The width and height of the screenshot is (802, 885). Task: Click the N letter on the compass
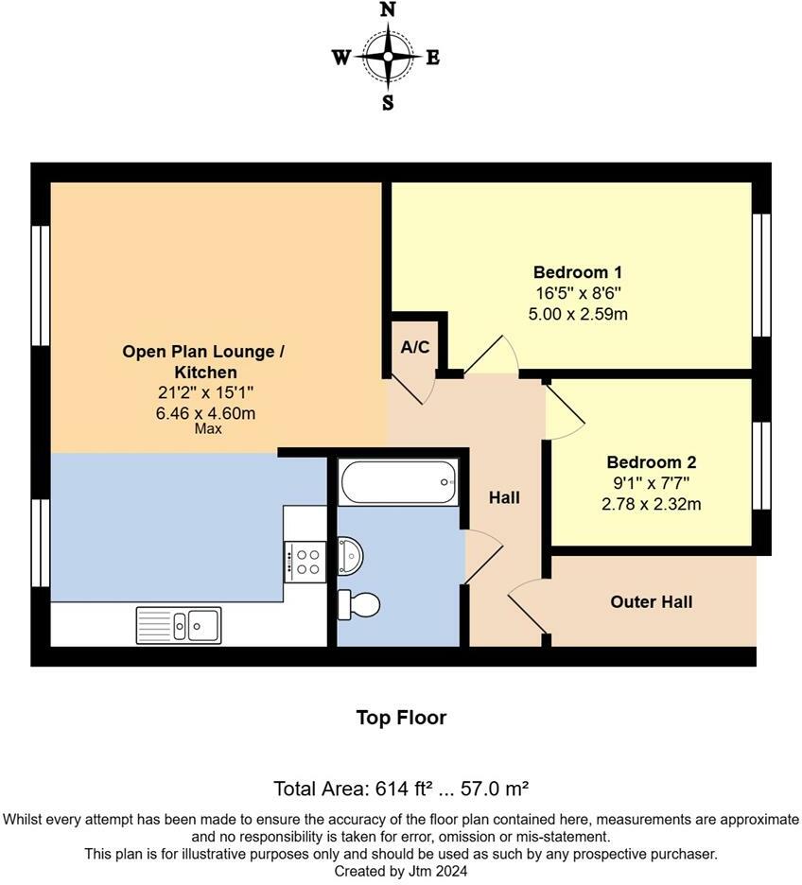point(388,10)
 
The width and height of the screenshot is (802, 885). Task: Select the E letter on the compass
point(432,58)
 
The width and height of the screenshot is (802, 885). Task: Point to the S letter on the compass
point(388,104)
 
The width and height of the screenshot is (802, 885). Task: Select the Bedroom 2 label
point(651,462)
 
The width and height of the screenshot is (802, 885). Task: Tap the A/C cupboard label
point(415,347)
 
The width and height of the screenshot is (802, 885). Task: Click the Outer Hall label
point(652,601)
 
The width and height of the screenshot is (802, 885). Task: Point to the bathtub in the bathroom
point(398,481)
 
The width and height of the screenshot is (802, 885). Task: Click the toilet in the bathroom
point(360,603)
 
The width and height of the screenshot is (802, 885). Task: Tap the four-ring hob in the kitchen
point(305,560)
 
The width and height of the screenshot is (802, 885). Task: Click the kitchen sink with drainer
point(179,624)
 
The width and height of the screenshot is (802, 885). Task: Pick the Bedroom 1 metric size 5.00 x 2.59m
point(577,313)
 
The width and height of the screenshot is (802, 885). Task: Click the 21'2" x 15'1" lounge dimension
point(203,391)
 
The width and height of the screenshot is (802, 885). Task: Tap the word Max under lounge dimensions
point(207,429)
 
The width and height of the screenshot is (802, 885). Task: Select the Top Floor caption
point(401,718)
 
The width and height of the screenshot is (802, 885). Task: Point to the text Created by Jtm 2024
point(401,871)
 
